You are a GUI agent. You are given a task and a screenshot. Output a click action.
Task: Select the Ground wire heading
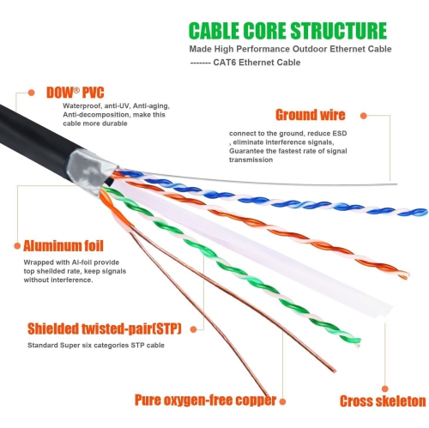pyautogui.click(x=309, y=114)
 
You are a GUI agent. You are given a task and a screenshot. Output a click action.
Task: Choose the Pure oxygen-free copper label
pyautogui.click(x=204, y=400)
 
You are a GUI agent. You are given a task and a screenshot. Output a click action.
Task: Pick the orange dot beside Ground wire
pyautogui.click(x=363, y=114)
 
